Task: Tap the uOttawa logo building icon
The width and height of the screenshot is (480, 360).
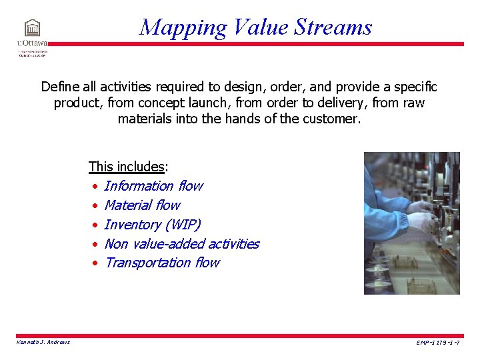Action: coord(31,28)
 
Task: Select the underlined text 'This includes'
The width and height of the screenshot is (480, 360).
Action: coord(126,167)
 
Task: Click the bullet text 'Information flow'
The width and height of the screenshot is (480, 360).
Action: coord(153,186)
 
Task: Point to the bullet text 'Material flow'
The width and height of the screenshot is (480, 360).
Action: coord(142,205)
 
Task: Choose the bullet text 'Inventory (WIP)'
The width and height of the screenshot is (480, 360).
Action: coord(152,225)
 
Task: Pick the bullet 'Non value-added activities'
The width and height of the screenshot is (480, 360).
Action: coord(181,244)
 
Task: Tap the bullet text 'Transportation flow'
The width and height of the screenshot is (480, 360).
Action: coord(161,263)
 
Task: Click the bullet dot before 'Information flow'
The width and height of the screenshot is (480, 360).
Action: coord(95,187)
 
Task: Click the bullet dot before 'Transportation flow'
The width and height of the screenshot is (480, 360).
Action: coord(95,263)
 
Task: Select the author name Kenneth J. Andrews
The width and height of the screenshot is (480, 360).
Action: coord(43,342)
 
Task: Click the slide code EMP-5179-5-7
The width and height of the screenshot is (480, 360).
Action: coord(437,343)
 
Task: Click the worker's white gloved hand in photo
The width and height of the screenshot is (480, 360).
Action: coord(421,221)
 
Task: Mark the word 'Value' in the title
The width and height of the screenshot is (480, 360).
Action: coord(261,27)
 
